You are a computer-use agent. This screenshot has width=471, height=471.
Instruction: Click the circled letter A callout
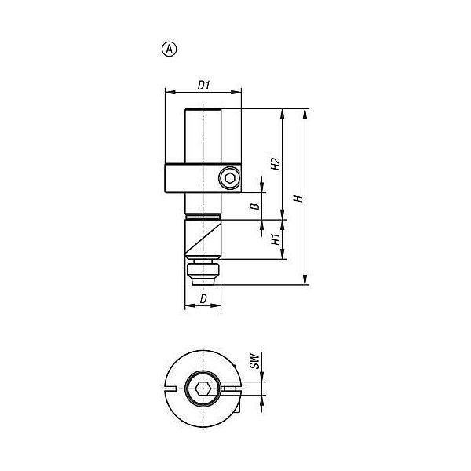(169, 49)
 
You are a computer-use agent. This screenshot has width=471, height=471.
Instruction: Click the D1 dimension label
(203, 86)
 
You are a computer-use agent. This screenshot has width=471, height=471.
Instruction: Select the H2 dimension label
(276, 164)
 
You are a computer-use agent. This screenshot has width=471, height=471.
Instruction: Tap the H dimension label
(298, 199)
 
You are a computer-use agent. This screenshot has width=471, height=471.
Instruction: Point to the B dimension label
(255, 206)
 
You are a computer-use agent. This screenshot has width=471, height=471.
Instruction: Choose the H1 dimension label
(276, 239)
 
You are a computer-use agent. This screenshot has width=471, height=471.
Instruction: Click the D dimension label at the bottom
(203, 299)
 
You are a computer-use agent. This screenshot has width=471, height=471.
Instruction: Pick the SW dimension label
(254, 361)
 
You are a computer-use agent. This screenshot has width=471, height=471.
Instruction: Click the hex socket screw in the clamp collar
(230, 179)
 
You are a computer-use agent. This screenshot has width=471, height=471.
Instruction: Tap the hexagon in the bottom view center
(203, 389)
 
